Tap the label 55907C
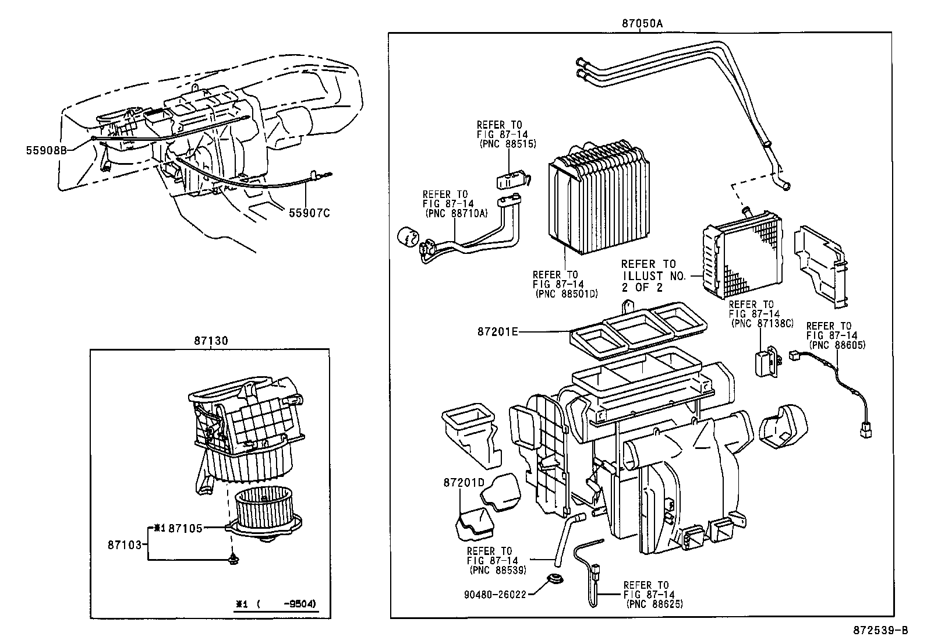coord(309,213)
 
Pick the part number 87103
coord(124,544)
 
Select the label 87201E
coord(497,331)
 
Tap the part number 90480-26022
coord(495,595)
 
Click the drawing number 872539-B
coord(880,630)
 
